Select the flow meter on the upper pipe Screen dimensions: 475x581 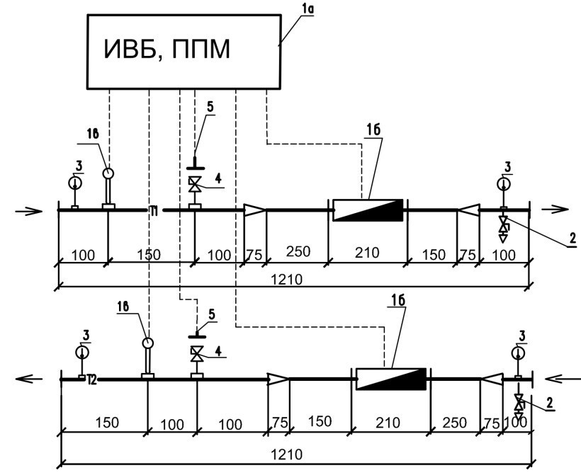368,210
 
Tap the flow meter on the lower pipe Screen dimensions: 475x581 390,379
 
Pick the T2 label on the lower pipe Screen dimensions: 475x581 91,382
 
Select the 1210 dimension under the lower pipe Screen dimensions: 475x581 291,454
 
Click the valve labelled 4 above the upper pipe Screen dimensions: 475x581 194,185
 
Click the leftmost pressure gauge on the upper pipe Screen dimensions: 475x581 75,183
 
